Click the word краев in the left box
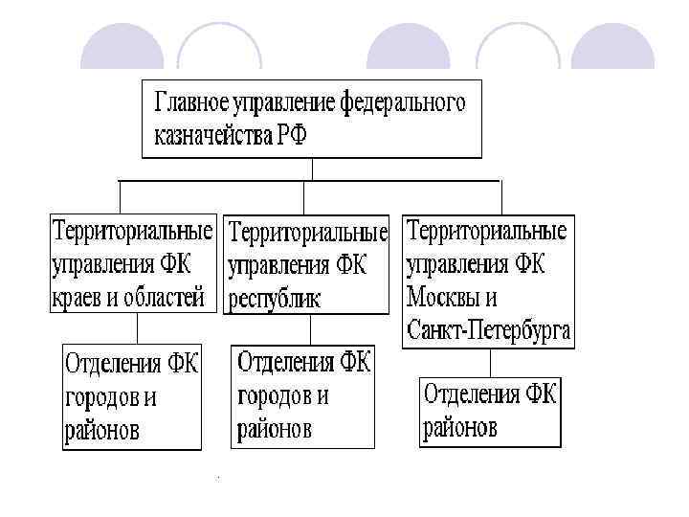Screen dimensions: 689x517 (x=77, y=297)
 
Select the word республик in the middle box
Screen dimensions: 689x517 (x=276, y=298)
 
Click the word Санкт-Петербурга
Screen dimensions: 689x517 (x=488, y=330)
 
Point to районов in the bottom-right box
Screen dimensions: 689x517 (x=461, y=426)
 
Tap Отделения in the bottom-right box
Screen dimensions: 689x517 (x=468, y=394)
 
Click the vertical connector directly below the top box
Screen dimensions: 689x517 (x=313, y=169)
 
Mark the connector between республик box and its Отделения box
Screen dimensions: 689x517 (x=308, y=330)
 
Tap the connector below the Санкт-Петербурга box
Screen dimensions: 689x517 (x=490, y=362)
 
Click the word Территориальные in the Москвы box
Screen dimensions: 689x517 (x=487, y=231)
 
